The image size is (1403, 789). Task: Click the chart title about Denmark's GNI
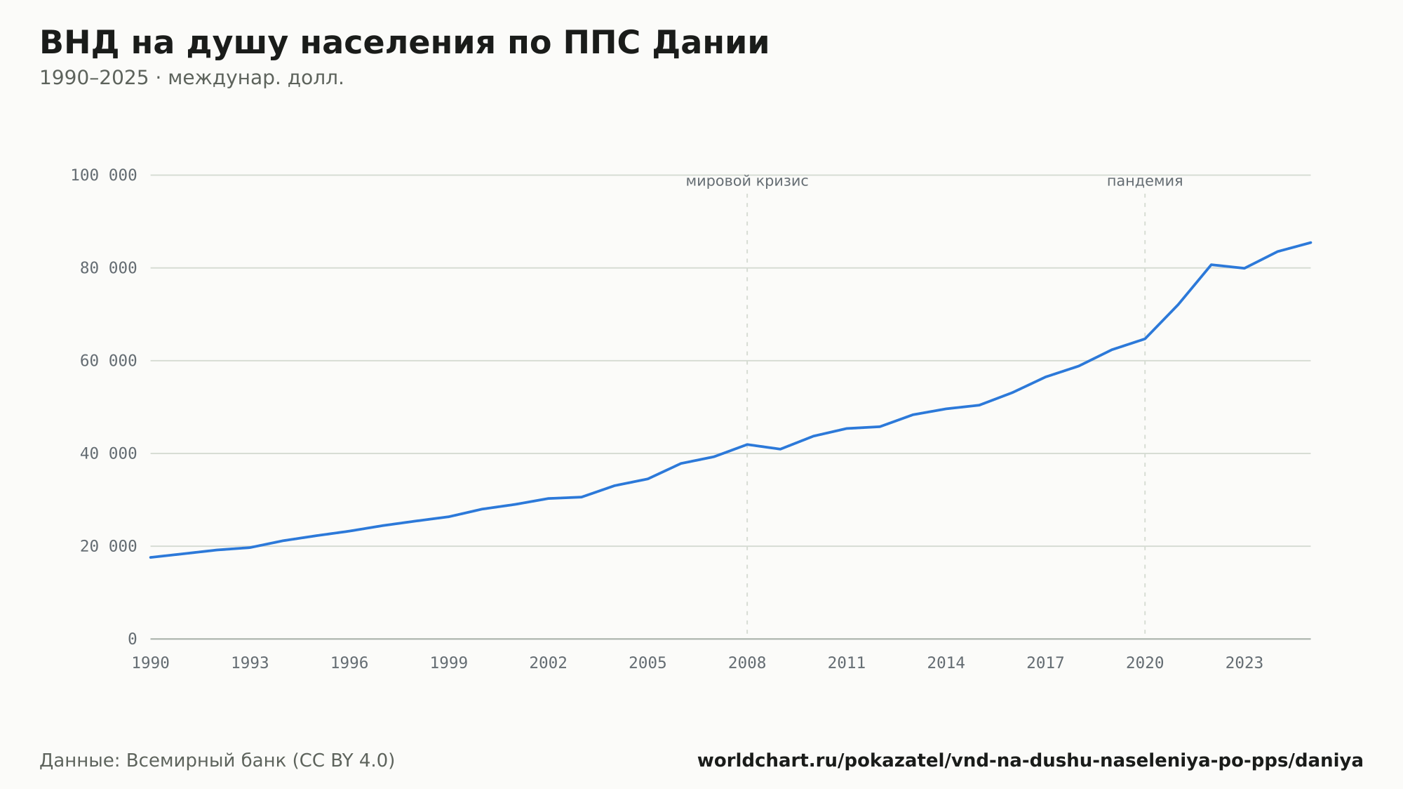click(x=404, y=43)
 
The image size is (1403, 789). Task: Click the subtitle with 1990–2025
click(x=192, y=78)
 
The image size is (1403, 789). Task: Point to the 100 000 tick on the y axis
click(x=104, y=175)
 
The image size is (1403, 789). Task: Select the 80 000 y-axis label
click(x=109, y=268)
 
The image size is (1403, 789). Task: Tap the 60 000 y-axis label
click(x=109, y=361)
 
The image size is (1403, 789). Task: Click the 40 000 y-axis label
click(x=109, y=453)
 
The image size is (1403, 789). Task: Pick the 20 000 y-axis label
click(x=109, y=546)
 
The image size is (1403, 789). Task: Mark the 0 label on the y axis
click(x=133, y=639)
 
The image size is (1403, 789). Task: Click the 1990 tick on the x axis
click(x=151, y=663)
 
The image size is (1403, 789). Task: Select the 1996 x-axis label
click(x=349, y=663)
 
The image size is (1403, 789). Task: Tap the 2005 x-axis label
click(x=647, y=663)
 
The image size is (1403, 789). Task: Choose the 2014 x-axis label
click(x=946, y=663)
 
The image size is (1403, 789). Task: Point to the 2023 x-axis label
click(x=1244, y=663)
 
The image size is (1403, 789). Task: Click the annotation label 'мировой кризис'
click(x=747, y=182)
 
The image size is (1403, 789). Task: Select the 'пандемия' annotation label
click(x=1145, y=181)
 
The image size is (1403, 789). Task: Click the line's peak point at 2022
click(x=1211, y=265)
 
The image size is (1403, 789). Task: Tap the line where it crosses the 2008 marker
click(x=747, y=444)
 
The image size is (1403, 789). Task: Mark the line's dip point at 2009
click(x=780, y=449)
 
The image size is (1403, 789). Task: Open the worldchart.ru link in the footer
click(x=1031, y=761)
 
